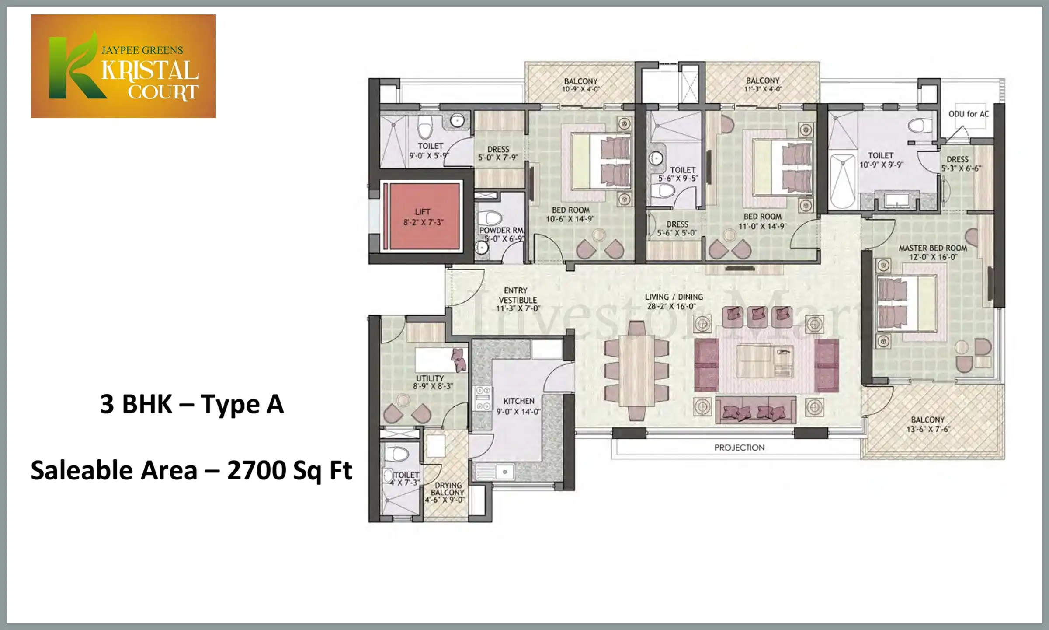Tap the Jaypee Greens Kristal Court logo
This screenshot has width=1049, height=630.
[123, 66]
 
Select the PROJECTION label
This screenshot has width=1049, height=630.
[740, 448]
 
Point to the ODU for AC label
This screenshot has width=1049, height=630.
[969, 114]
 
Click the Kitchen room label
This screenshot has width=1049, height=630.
[518, 406]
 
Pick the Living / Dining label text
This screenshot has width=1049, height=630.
[674, 301]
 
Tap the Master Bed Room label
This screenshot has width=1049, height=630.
[933, 252]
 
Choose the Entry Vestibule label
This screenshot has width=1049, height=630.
[518, 300]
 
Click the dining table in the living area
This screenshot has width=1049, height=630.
[636, 370]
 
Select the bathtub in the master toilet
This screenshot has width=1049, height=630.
[842, 180]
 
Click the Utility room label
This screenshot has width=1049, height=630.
[433, 382]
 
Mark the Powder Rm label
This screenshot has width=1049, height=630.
[502, 234]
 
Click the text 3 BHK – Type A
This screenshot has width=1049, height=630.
[192, 404]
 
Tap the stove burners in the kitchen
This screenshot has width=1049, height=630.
[483, 398]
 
